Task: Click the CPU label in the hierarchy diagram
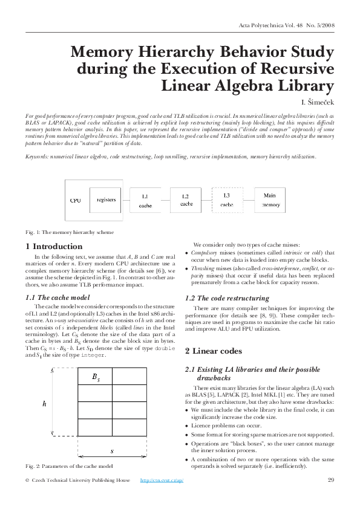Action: (76, 200)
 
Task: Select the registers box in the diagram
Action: (106, 200)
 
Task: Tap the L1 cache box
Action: (145, 201)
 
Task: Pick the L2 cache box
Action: (185, 200)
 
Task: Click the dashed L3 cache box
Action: (226, 200)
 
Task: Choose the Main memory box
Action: (270, 200)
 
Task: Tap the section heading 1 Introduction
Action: (54, 247)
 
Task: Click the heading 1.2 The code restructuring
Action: (227, 299)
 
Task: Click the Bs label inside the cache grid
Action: (96, 377)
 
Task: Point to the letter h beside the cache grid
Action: (44, 403)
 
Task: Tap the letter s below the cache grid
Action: (112, 451)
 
